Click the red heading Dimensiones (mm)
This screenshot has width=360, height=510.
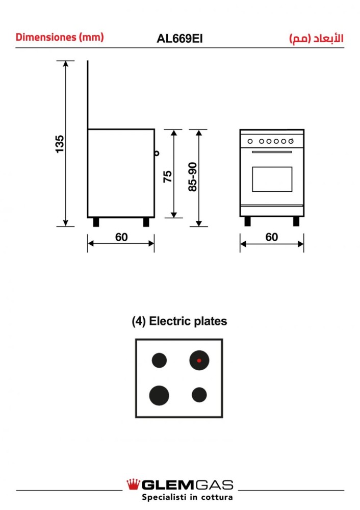tap(60, 37)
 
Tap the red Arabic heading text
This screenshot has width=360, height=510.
tap(316, 38)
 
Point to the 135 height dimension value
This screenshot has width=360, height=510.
tap(60, 144)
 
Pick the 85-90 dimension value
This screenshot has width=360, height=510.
tap(193, 177)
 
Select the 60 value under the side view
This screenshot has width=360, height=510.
tap(121, 237)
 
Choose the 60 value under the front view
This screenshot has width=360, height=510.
tap(272, 237)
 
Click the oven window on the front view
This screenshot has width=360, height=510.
tap(272, 179)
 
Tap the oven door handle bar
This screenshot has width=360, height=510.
tap(272, 151)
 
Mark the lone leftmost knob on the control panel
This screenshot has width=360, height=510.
tap(250, 141)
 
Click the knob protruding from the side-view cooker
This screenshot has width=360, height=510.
tap(157, 151)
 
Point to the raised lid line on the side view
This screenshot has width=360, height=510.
tap(88, 94)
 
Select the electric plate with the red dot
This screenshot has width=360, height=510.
tap(199, 361)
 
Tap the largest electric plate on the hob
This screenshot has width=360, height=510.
tap(159, 395)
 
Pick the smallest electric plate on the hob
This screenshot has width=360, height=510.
tap(199, 394)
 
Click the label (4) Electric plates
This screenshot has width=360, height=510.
tap(179, 321)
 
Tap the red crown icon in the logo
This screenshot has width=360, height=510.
tap(134, 483)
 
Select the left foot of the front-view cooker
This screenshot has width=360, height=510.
tap(247, 221)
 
